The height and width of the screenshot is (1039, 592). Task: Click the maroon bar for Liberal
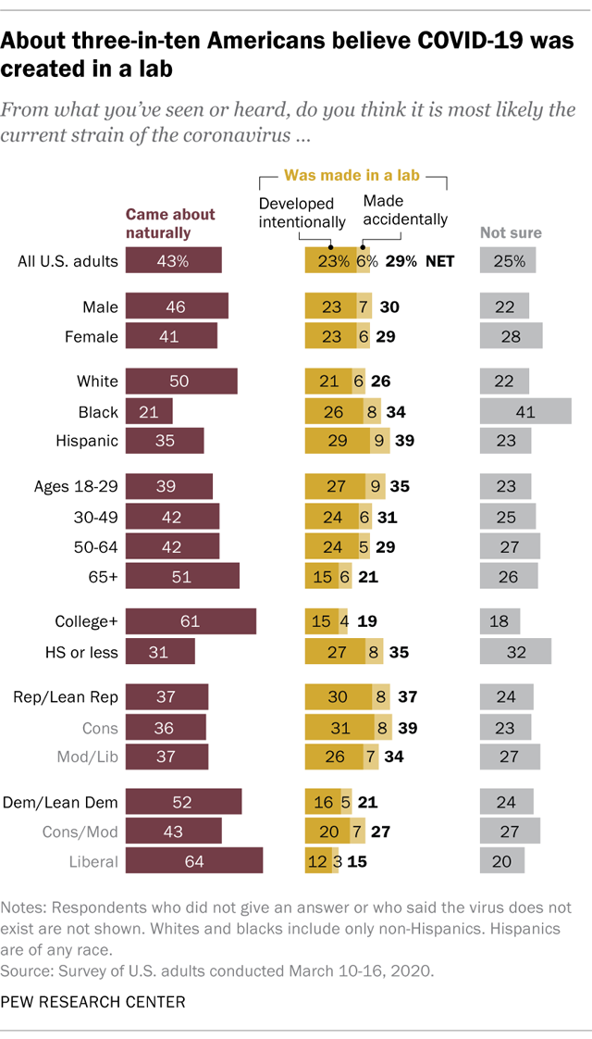tap(194, 860)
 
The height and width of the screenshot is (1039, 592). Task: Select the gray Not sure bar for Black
tap(525, 411)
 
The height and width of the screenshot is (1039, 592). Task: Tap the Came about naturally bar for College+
tap(191, 620)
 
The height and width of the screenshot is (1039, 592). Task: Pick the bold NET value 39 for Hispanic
tap(404, 441)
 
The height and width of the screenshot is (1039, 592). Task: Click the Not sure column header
tap(511, 233)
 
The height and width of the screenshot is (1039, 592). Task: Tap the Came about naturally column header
tap(158, 224)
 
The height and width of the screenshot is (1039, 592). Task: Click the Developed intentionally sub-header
tap(302, 212)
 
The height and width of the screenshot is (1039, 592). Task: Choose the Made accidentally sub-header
tap(405, 210)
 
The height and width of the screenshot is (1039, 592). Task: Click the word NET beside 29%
tap(439, 261)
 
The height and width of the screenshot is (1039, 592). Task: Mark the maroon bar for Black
tap(149, 411)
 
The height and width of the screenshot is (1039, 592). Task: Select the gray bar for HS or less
tap(515, 651)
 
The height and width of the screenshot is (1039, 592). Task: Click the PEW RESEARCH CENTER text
tap(92, 1001)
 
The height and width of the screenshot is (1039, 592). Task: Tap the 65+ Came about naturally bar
tap(182, 576)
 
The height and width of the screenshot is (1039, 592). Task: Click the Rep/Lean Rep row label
tap(68, 696)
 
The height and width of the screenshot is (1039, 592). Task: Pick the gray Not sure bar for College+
tap(499, 620)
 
